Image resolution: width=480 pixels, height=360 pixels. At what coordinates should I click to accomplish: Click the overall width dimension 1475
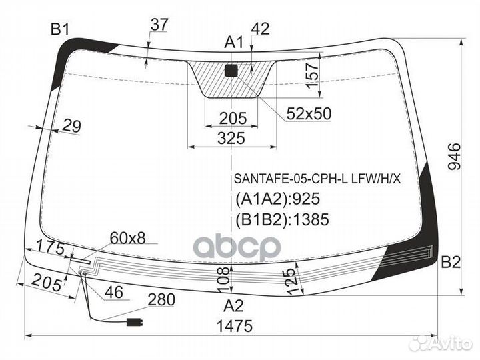(x=235, y=326)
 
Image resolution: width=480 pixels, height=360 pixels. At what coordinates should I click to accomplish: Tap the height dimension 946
(x=454, y=156)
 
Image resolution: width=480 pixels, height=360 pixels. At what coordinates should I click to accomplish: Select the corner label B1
(x=60, y=30)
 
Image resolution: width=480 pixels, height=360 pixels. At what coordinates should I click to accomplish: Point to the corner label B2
(x=451, y=263)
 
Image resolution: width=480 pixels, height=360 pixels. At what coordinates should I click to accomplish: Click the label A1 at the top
(x=233, y=42)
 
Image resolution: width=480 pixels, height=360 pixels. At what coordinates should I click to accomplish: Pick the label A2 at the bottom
(x=233, y=306)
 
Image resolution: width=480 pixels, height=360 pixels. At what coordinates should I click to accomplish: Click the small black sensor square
(x=231, y=71)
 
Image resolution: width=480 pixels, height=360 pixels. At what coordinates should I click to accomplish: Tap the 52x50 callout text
(x=309, y=113)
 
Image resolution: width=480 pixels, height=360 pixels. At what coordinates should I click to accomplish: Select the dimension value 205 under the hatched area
(x=233, y=118)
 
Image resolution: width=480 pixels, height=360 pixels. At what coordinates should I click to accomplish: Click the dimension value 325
(x=231, y=138)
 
